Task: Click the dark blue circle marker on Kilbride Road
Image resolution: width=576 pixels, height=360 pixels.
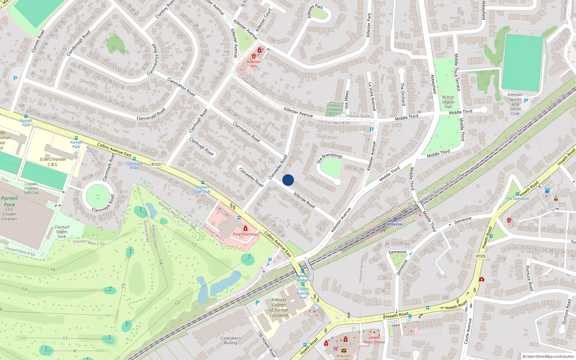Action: click(288, 180)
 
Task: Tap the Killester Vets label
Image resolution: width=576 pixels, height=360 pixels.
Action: click(254, 64)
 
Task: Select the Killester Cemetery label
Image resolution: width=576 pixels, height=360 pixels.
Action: click(335, 108)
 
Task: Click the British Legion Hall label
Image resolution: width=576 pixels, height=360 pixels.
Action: click(448, 102)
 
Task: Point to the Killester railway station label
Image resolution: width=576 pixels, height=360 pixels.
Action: click(395, 224)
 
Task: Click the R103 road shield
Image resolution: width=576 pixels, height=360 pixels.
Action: click(156, 164)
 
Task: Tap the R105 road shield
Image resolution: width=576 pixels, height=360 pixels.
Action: click(481, 256)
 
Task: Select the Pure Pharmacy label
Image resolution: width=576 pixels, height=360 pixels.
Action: click(246, 234)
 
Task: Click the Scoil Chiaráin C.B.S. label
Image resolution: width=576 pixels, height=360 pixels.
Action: click(53, 162)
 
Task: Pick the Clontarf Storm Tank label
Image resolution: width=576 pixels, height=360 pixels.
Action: click(62, 232)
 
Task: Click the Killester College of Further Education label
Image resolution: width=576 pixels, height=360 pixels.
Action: click(279, 307)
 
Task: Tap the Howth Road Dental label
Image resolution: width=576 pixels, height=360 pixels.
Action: click(374, 340)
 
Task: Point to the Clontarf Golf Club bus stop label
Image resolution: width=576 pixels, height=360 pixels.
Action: click(203, 189)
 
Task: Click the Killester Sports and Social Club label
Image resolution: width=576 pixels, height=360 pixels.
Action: click(515, 104)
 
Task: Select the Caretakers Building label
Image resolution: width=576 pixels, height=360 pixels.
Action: click(231, 340)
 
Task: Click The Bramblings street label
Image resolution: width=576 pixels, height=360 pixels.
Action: click(330, 158)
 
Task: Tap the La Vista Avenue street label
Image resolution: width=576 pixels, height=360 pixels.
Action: click(372, 96)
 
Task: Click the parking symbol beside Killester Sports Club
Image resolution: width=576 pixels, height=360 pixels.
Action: click(526, 101)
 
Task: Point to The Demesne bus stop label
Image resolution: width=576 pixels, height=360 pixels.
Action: click(517, 198)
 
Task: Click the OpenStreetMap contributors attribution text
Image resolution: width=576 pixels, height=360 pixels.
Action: click(548, 356)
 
